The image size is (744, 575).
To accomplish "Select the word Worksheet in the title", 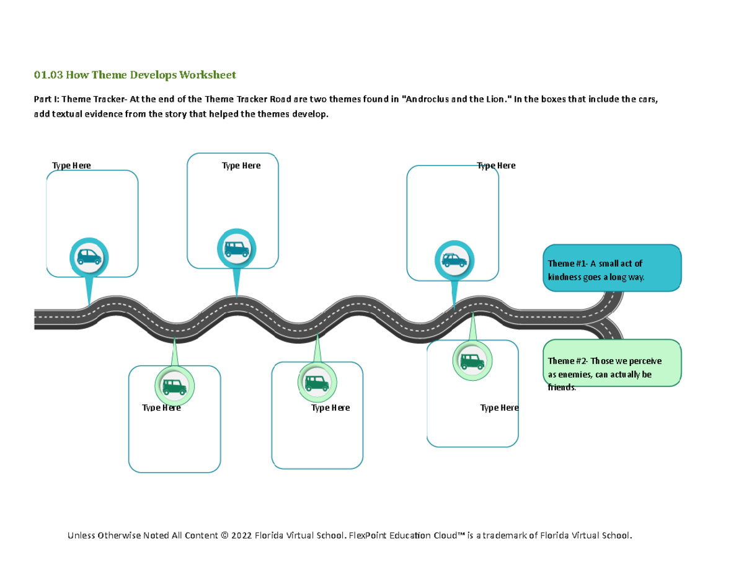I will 208,75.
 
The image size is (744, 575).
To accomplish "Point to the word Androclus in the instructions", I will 427,99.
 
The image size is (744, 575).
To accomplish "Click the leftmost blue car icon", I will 89,256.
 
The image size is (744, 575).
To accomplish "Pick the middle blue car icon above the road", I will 236,249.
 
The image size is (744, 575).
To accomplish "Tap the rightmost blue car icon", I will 454,261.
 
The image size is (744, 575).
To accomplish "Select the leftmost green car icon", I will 174,386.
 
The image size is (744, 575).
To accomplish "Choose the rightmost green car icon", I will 472,360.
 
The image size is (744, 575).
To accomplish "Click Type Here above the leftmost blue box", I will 71,166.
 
